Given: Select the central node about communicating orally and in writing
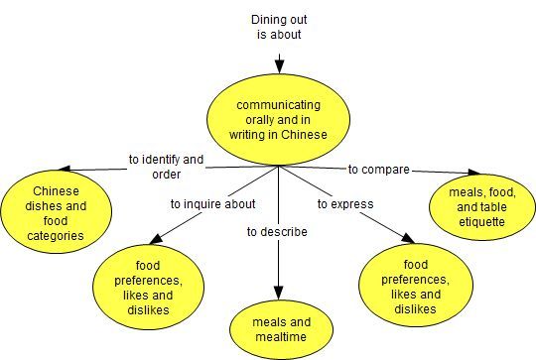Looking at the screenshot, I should [279, 119].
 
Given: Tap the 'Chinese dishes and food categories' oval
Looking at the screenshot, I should [56, 212].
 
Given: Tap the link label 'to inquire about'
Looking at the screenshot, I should [213, 203].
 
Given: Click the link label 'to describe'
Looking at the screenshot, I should [277, 232].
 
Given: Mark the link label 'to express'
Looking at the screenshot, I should [345, 203].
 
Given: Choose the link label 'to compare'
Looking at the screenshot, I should [378, 170].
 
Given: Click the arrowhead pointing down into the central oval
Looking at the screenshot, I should [279, 66].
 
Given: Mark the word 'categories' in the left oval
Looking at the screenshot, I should [56, 236].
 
